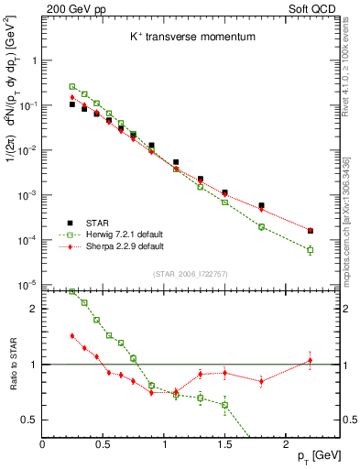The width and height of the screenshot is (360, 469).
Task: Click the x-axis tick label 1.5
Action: [224, 443]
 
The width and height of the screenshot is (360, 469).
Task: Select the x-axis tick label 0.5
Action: [103, 443]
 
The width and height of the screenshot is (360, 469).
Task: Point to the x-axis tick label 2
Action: [286, 443]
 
